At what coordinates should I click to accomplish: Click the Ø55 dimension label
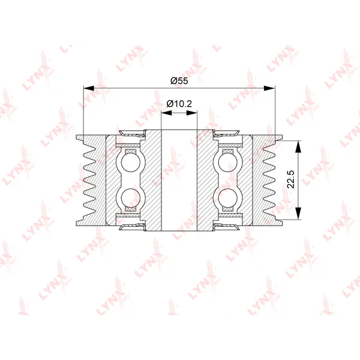[x=179, y=81]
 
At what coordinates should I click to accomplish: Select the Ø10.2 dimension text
[x=179, y=104]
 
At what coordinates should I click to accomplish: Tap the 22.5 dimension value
[x=291, y=179]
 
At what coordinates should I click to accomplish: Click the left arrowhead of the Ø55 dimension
[x=89, y=88]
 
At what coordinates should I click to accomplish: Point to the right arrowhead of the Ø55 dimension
[x=269, y=88]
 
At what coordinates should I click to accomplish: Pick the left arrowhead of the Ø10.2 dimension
[x=166, y=113]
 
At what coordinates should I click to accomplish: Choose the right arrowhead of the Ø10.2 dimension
[x=192, y=113]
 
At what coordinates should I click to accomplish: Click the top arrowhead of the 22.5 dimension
[x=298, y=146]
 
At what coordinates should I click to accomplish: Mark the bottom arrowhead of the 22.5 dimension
[x=298, y=214]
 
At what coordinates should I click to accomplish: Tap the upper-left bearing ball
[x=130, y=163]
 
